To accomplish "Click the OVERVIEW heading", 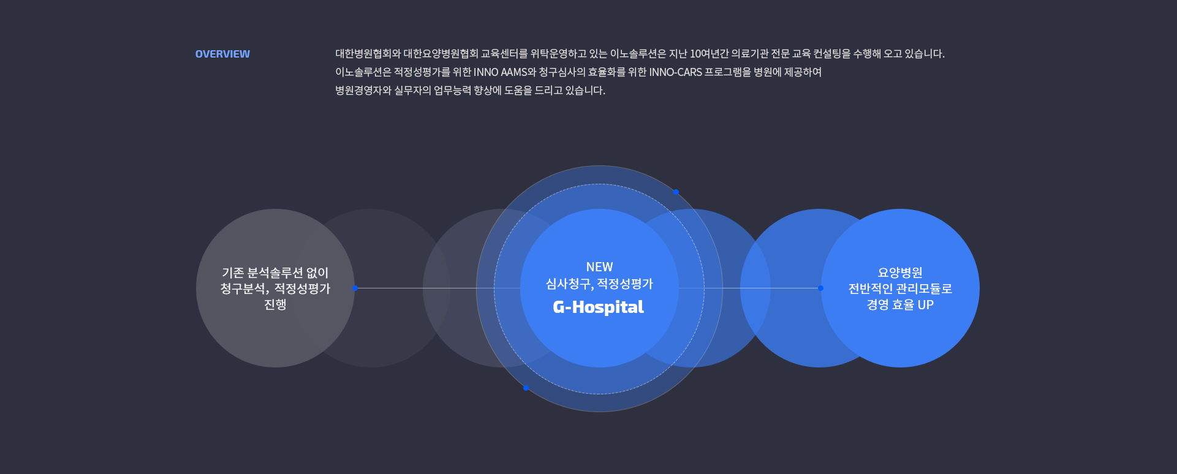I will tap(222, 54).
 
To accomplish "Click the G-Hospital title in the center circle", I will tap(598, 307).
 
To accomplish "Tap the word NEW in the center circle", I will tap(599, 267).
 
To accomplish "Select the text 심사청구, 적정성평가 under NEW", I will tap(599, 284).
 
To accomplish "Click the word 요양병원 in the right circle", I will tap(899, 273).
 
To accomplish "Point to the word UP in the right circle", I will tap(925, 304).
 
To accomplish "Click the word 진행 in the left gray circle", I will tap(275, 304).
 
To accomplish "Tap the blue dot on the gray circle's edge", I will tap(355, 288).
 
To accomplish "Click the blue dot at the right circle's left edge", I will tap(820, 288).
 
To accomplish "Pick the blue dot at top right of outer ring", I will tap(676, 192).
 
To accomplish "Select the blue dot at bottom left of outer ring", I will tap(526, 388).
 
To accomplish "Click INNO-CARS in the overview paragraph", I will tap(675, 72).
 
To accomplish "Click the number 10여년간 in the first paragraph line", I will tap(709, 54).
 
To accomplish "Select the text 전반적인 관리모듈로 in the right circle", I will tap(899, 288).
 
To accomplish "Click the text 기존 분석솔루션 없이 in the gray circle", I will tap(275, 273).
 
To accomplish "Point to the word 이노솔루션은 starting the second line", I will tap(363, 72).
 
